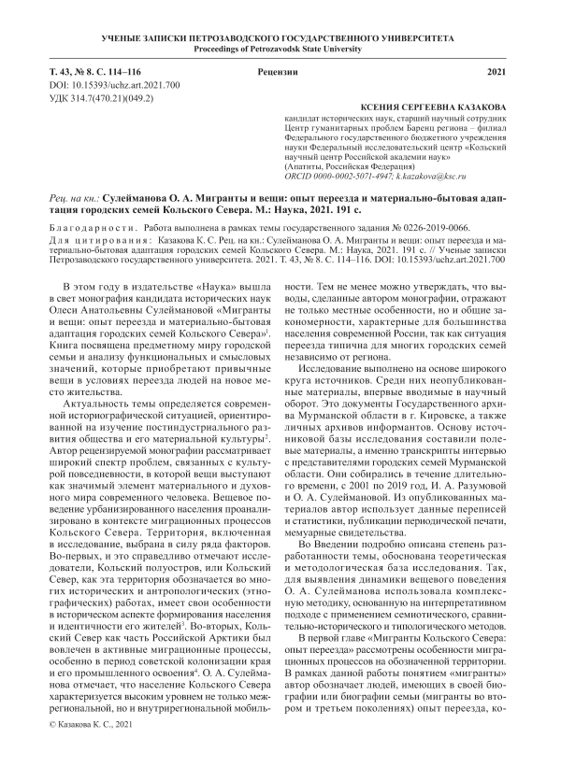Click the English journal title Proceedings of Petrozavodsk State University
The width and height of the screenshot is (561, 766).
(280, 48)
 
